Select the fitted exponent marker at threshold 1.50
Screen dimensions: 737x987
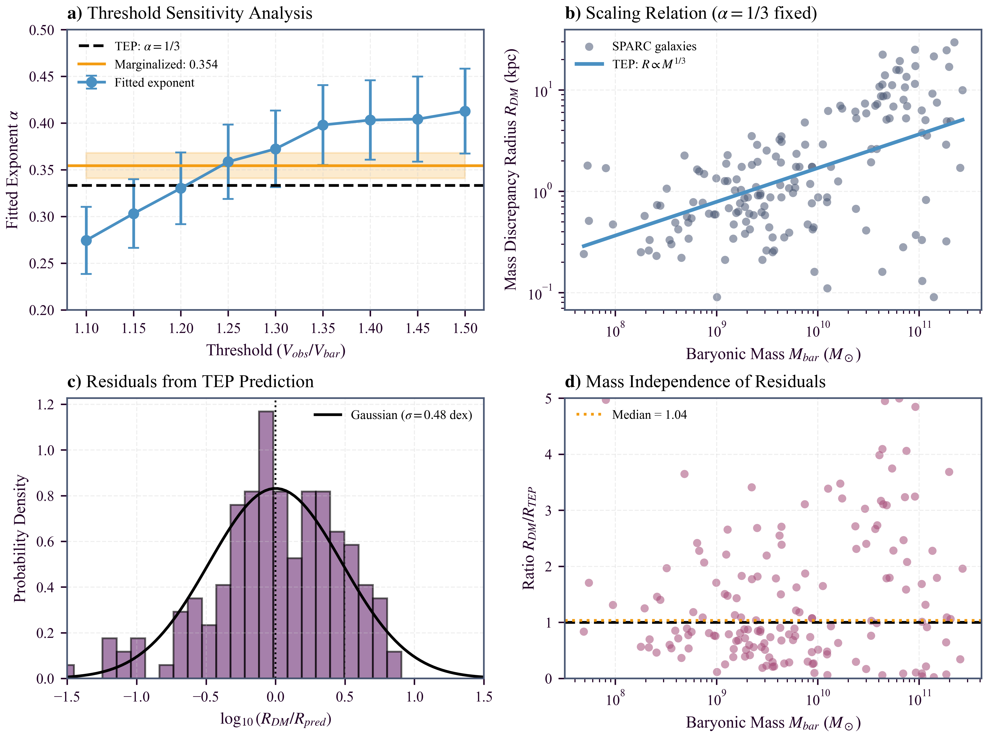point(465,111)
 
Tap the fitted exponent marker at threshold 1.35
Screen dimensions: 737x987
point(323,125)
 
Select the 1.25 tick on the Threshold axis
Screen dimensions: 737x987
point(228,329)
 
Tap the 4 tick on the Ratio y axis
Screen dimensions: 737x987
point(548,455)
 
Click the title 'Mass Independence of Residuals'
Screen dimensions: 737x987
point(705,382)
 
